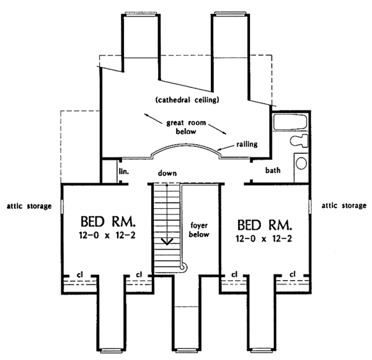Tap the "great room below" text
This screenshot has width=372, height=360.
click(181, 127)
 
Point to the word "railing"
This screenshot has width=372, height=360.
click(247, 144)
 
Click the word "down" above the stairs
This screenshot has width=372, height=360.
click(169, 173)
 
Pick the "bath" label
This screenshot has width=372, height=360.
click(274, 169)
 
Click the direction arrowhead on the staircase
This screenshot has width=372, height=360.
click(166, 240)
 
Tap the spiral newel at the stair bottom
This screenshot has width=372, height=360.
click(183, 267)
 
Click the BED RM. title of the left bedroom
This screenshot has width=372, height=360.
click(108, 222)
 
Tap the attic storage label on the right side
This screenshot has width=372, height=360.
click(343, 205)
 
